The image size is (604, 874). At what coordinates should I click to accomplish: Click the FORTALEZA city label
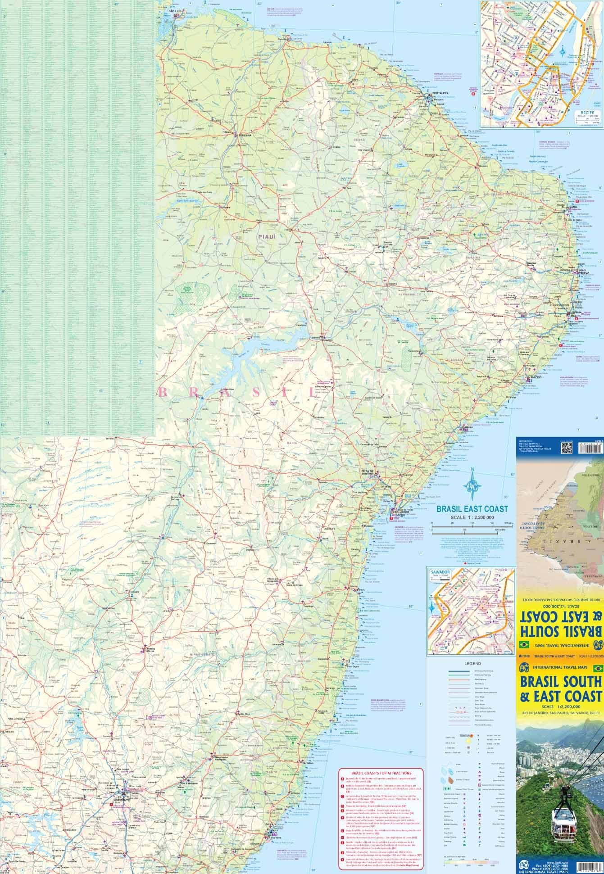point(441,93)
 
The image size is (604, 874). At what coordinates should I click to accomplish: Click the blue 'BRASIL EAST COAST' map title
point(472,509)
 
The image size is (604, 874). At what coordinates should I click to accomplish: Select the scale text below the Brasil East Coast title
point(472,517)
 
